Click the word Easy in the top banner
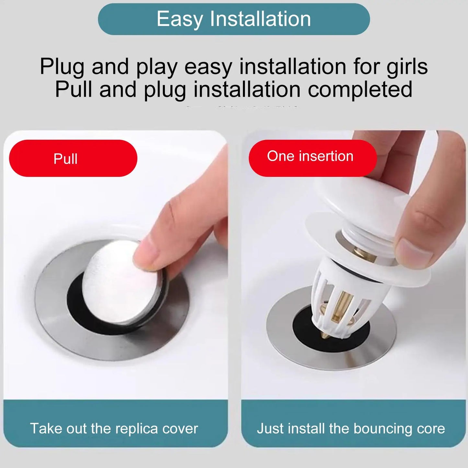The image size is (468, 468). pos(179,19)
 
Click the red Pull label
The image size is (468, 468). pos(73,158)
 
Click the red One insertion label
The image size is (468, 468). pos(313,158)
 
